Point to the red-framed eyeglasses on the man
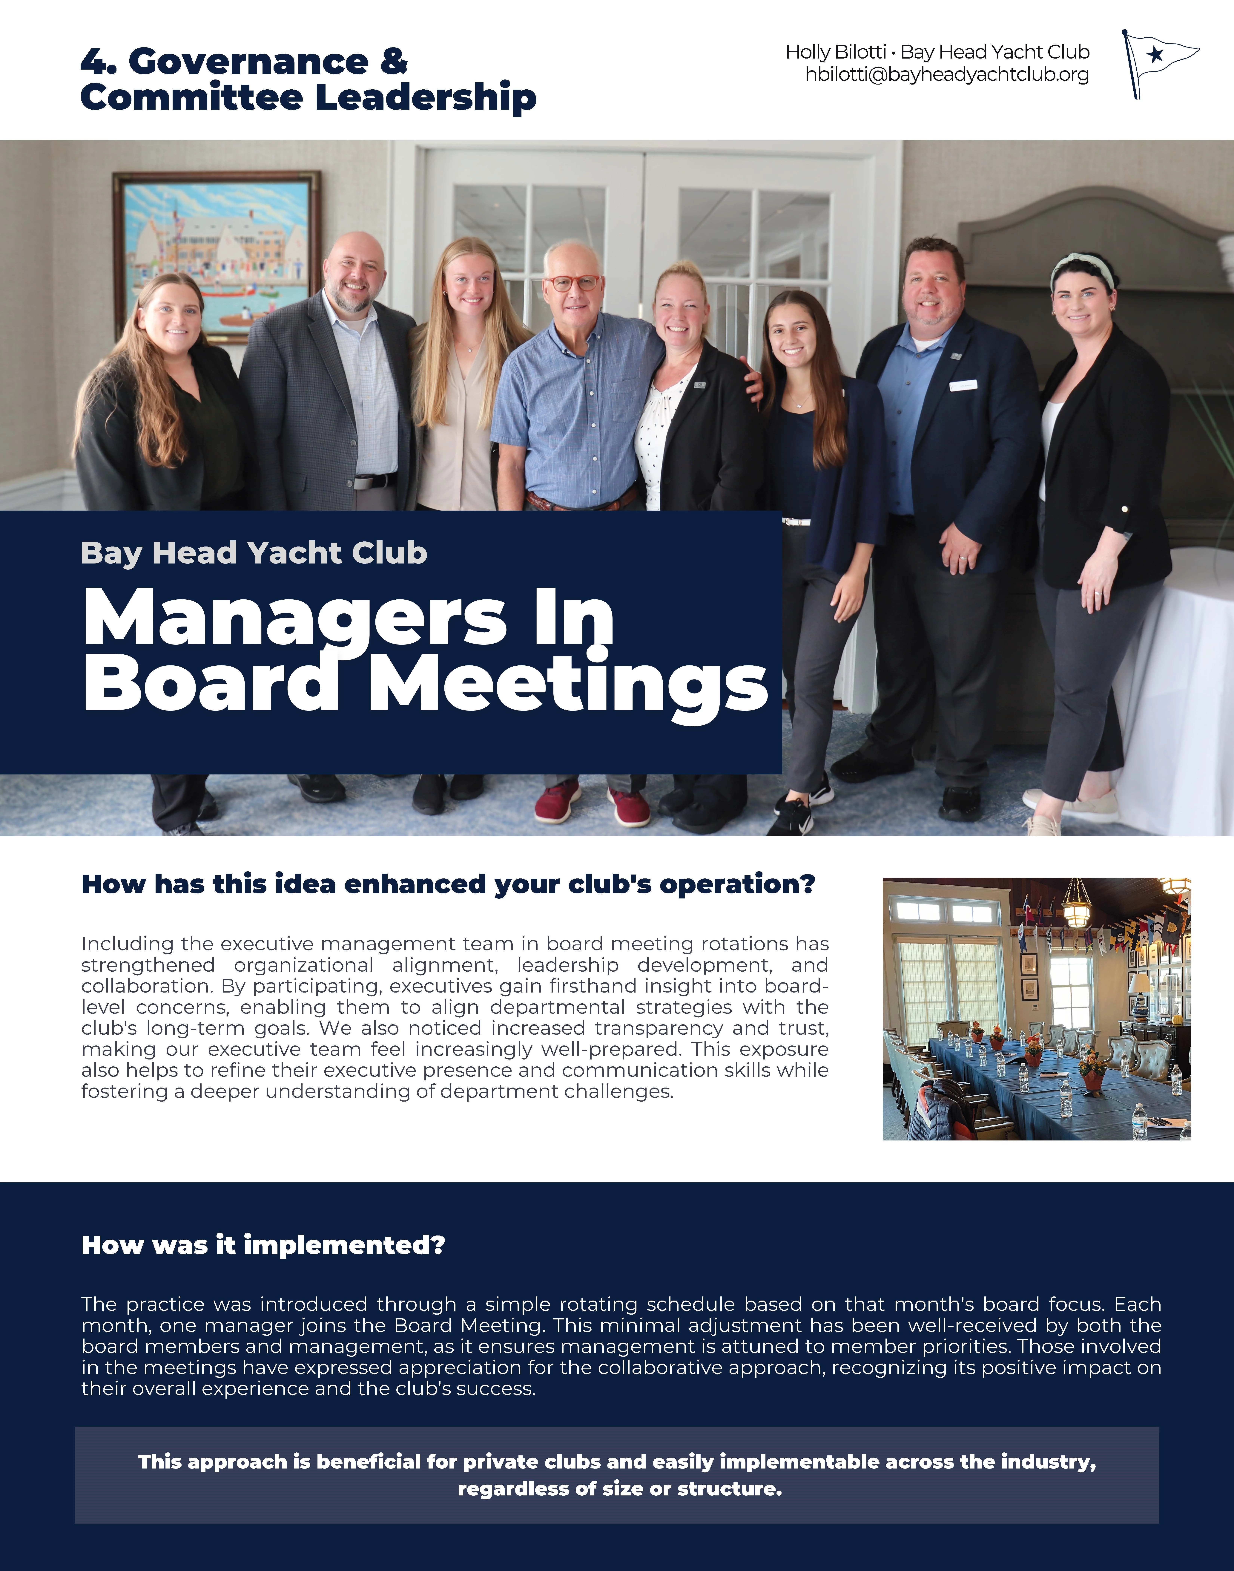(572, 283)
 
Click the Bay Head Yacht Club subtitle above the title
(254, 553)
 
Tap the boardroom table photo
(1036, 1009)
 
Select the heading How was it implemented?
(263, 1245)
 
